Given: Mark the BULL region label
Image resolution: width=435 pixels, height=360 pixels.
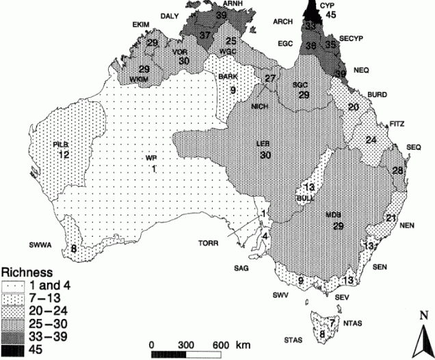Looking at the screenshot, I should pos(304,197).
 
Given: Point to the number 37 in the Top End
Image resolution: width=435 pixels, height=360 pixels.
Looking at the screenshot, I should pos(206,36).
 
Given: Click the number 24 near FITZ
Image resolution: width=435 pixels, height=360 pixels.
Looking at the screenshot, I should pos(371,140).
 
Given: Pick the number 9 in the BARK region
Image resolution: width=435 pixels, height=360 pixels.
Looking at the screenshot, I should pos(233,90).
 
